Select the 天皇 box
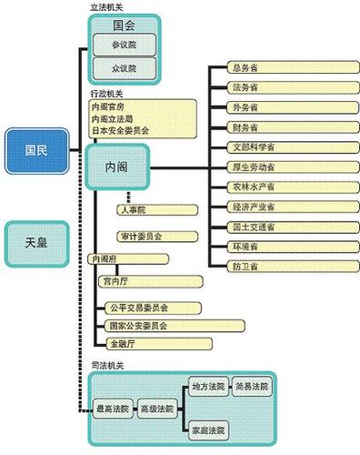tap(36, 243)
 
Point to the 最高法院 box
tap(112, 410)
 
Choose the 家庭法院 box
tap(207, 428)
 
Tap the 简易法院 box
tap(251, 387)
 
